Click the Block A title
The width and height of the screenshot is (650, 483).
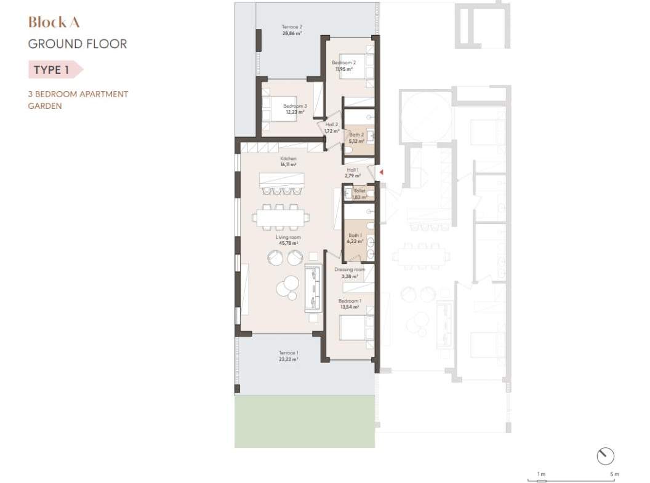point(54,22)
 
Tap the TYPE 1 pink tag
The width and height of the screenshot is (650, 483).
point(55,70)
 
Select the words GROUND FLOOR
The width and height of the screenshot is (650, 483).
point(78,44)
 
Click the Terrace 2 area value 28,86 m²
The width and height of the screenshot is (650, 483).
point(292,33)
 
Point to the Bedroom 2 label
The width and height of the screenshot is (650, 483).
point(343,63)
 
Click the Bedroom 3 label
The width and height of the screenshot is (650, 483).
point(295,106)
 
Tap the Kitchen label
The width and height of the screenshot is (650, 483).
point(288,159)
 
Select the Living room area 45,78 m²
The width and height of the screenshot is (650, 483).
point(288,243)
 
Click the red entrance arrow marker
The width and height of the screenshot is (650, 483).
point(381,172)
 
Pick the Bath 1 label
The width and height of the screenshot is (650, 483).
point(355,235)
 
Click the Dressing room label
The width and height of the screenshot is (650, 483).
point(350,269)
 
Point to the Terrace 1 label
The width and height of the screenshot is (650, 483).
point(288,353)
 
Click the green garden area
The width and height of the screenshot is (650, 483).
point(305,421)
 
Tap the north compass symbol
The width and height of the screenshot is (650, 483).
point(605,456)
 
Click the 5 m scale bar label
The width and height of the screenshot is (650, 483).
point(614,474)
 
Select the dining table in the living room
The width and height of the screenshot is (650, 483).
point(281,217)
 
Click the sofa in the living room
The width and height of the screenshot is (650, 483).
point(313,289)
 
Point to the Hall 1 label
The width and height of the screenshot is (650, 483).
point(353,170)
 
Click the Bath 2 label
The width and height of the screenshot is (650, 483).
point(356,135)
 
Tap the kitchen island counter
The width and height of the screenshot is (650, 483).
point(281,180)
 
